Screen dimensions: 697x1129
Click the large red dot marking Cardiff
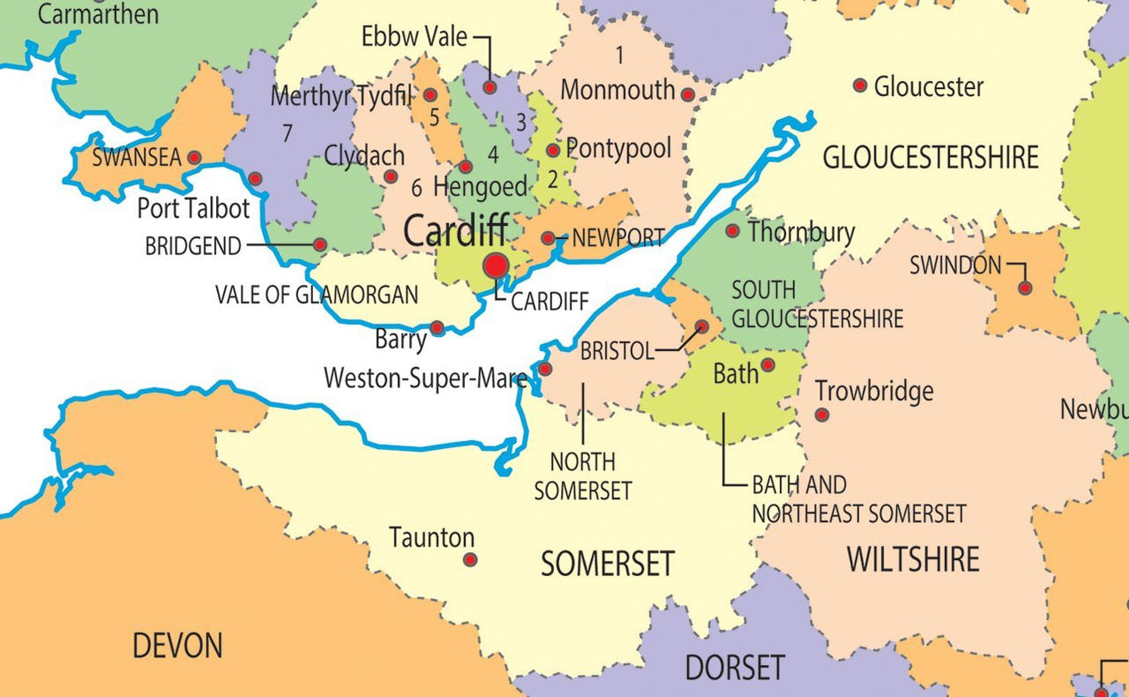pyautogui.click(x=495, y=265)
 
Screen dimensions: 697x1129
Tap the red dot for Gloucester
pyautogui.click(x=860, y=85)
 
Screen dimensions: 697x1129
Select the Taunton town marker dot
pyautogui.click(x=470, y=559)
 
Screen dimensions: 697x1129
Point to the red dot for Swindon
pyautogui.click(x=1025, y=288)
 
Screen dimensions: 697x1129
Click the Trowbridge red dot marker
pyautogui.click(x=822, y=414)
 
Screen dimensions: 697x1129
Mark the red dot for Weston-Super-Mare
pyautogui.click(x=545, y=369)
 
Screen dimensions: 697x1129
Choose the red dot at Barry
pyautogui.click(x=437, y=328)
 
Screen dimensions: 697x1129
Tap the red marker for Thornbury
pyautogui.click(x=733, y=231)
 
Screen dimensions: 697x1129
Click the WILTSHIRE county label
pyautogui.click(x=913, y=559)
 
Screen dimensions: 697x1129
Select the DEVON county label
pyautogui.click(x=178, y=645)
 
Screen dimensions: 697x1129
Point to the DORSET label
pyautogui.click(x=734, y=667)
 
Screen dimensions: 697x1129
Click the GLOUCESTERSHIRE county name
pyautogui.click(x=930, y=158)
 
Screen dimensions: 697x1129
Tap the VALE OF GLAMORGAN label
pyautogui.click(x=316, y=295)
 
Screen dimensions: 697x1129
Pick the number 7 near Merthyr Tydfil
pyautogui.click(x=286, y=133)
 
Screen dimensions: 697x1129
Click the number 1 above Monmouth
pyautogui.click(x=620, y=55)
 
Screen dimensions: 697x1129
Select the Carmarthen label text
pyautogui.click(x=99, y=14)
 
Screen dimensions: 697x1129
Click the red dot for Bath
pyautogui.click(x=768, y=365)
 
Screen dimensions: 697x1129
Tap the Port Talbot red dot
pyautogui.click(x=255, y=179)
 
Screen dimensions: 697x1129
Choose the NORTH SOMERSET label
pyautogui.click(x=582, y=476)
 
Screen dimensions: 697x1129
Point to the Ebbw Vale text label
pyautogui.click(x=414, y=37)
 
